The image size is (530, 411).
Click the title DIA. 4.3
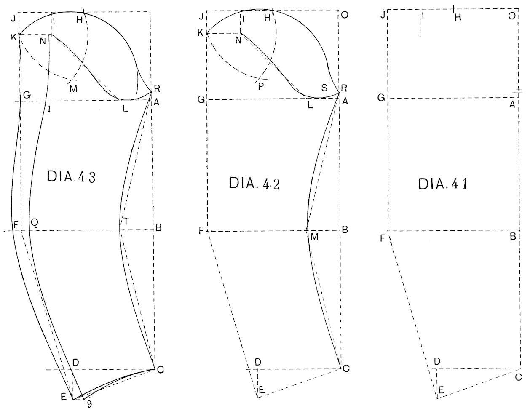tap(71, 177)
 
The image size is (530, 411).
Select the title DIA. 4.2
tap(254, 183)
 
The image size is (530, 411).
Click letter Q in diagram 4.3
tap(35, 223)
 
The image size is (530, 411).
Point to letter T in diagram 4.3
tap(126, 222)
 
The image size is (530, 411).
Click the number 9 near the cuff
tap(89, 404)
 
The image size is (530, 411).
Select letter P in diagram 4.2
tap(261, 87)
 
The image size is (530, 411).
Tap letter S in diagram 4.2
tap(324, 88)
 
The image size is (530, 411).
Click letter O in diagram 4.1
tap(512, 16)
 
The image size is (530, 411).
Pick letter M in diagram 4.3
tap(73, 89)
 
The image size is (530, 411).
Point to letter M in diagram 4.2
tap(314, 237)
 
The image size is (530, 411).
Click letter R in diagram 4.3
tap(157, 89)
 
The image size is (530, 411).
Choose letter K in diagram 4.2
tap(200, 33)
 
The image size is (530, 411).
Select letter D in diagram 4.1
tap(437, 361)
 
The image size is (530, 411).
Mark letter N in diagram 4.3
tap(43, 41)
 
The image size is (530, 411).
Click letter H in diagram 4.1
tap(458, 17)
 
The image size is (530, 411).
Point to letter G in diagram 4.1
tap(381, 98)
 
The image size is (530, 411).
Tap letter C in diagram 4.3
tap(161, 370)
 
